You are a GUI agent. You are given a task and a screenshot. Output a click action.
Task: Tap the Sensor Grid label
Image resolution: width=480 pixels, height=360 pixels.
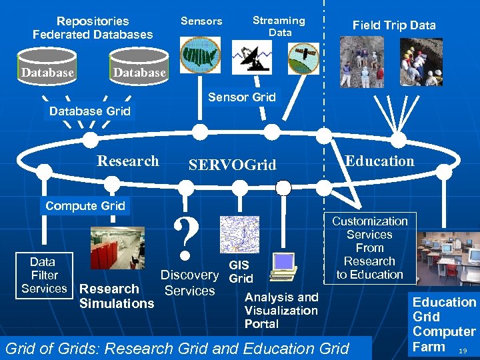[x=241, y=97]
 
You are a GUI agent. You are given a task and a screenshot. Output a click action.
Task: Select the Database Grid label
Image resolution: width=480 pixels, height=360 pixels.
[x=90, y=111]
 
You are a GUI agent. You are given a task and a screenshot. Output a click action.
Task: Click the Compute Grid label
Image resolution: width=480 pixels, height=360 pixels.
[x=85, y=206]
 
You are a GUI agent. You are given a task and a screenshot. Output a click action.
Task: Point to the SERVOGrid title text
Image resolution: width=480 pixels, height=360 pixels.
[x=232, y=165]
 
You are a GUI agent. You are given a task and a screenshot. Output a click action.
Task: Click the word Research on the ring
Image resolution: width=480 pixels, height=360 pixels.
[x=128, y=161]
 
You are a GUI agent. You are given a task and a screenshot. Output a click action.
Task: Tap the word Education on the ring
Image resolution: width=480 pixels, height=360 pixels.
[x=379, y=161]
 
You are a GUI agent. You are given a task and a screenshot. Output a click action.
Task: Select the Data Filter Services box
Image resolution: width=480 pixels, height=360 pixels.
[x=44, y=275]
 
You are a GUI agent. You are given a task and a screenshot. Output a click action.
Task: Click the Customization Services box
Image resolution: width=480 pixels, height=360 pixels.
[x=369, y=247]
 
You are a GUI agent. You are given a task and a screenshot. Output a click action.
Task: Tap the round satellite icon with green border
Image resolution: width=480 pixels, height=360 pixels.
[x=303, y=58]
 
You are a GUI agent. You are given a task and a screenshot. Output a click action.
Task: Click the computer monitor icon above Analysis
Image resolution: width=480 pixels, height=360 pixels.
[x=283, y=265]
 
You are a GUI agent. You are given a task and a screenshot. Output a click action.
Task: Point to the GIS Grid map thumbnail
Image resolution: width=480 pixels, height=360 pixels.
[x=239, y=235]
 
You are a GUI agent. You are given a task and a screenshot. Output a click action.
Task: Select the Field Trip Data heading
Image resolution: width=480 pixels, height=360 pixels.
[x=394, y=25]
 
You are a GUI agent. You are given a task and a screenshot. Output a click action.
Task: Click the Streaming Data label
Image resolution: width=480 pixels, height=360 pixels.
[x=279, y=26]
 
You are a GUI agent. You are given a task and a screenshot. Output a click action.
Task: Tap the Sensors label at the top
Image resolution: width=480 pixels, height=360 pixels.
[x=201, y=21]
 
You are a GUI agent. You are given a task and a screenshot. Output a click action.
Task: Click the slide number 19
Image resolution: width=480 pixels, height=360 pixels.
[x=463, y=349]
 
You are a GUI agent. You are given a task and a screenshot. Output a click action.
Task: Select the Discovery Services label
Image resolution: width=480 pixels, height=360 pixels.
[x=189, y=283]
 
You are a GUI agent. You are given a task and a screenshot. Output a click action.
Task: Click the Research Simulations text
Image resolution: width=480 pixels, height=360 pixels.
[x=116, y=296]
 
